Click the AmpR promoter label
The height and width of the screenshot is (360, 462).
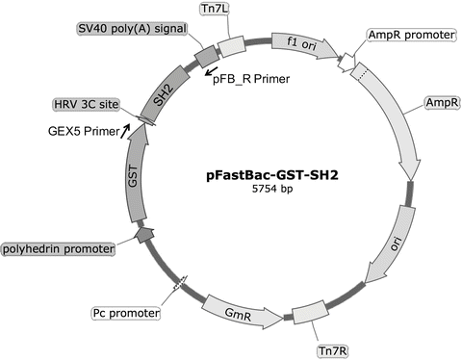[x=407, y=36]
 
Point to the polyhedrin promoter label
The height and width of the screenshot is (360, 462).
[x=58, y=250]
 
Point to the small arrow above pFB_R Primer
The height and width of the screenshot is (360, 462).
[x=211, y=68]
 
